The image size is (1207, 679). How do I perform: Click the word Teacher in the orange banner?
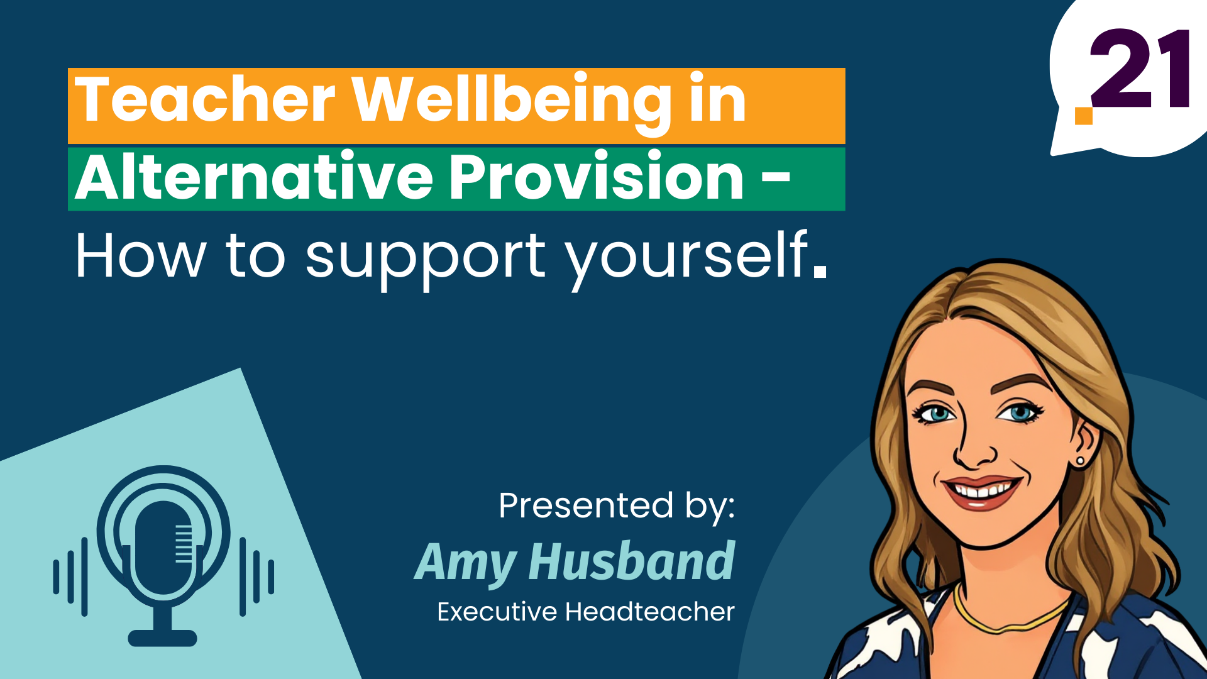click(205, 99)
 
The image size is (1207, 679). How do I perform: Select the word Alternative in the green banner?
click(254, 177)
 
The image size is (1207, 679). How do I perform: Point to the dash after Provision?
click(776, 178)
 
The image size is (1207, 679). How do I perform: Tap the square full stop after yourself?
click(820, 271)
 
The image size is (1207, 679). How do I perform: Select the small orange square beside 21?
click(1084, 116)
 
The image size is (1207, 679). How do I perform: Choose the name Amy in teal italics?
click(466, 563)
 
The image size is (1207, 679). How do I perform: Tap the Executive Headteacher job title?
click(586, 612)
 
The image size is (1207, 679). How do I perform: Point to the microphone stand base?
click(163, 638)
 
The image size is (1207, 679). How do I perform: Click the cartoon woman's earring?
click(1081, 462)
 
